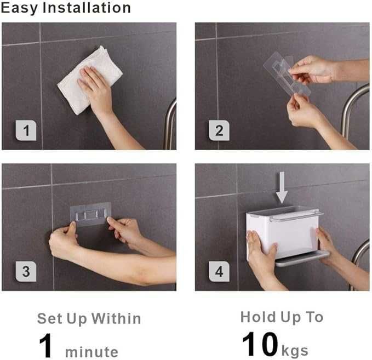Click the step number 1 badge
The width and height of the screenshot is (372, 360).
(x=26, y=130)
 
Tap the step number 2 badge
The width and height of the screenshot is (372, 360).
(x=219, y=130)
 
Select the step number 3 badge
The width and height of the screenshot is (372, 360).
(x=26, y=271)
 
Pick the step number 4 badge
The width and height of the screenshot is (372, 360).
(x=219, y=271)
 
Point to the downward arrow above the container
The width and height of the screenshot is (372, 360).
(x=282, y=187)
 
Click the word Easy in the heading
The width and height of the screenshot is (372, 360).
(x=19, y=8)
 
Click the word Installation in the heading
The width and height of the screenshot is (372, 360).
(x=87, y=8)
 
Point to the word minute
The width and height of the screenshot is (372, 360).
(x=91, y=352)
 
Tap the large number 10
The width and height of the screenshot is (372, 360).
(x=260, y=344)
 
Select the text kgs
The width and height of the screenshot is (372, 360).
(x=295, y=351)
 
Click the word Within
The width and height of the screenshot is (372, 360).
(x=116, y=318)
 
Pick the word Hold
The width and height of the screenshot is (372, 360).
(x=259, y=317)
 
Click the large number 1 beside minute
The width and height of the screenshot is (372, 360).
(x=45, y=345)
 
